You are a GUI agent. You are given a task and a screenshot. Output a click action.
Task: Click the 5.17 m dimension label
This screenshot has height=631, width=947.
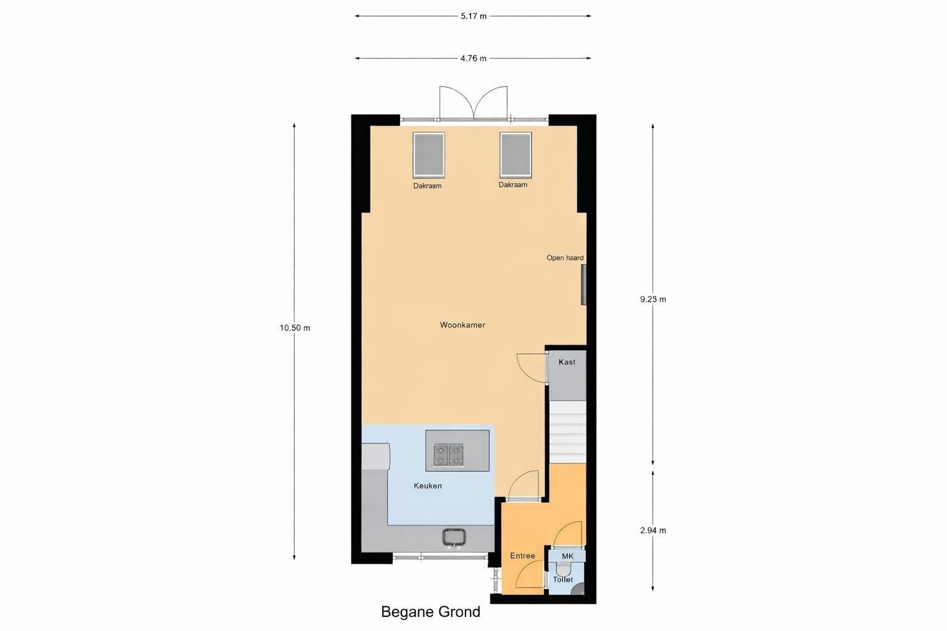pos(473,16)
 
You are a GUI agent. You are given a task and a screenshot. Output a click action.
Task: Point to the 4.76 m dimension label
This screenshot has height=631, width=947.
pos(473,59)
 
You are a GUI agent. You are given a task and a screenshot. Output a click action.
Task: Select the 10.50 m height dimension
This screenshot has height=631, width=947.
pos(295,328)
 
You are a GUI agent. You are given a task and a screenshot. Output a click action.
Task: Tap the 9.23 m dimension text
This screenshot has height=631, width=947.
pos(653,299)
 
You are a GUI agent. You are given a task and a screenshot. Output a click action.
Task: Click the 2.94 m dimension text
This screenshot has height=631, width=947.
pos(653,531)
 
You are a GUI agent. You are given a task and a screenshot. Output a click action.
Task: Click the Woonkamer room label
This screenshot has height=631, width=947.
pos(462,325)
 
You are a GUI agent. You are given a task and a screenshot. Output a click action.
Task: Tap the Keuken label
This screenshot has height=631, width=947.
pos(428,486)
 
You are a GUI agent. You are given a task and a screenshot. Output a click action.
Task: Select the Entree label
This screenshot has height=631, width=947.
pos(523,556)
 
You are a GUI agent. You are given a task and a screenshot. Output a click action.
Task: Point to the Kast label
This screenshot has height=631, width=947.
pos(567,362)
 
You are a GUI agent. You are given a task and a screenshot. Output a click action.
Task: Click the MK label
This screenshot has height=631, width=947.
pos(568,556)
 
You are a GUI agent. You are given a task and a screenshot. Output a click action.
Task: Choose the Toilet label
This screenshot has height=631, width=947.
pos(563,579)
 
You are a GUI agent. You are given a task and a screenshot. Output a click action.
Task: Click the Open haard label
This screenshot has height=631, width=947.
pos(565,258)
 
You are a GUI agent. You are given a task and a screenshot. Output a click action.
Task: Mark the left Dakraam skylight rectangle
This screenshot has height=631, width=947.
pos(428,155)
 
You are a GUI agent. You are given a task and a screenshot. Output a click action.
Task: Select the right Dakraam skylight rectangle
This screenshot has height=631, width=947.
pos(515,155)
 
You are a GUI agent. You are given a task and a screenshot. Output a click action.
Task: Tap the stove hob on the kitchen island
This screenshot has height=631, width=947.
pos(449,455)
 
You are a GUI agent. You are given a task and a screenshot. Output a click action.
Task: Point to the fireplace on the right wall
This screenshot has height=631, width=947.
pos(584,285)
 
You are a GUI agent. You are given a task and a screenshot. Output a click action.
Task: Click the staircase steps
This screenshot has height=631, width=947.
pos(567,432)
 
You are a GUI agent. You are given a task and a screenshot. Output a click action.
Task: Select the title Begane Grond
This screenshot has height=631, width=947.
pos(430,611)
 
